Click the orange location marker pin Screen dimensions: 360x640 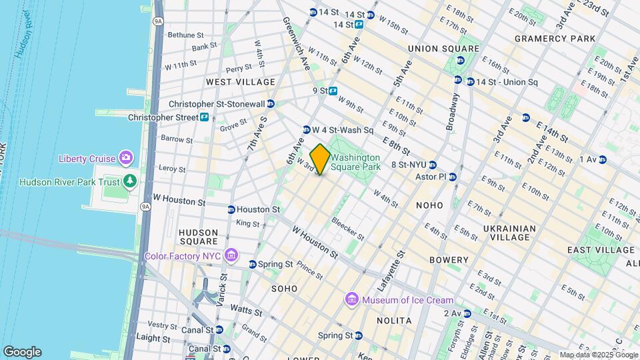(320, 159)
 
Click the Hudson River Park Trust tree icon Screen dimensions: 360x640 (131, 182)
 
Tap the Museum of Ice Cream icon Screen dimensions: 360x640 (351, 300)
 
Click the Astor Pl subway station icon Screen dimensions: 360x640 (453, 177)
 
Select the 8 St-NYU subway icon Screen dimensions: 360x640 (432, 165)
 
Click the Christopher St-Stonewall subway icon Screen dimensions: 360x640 (271, 104)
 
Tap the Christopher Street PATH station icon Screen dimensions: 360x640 (204, 117)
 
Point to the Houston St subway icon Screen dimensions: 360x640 (231, 209)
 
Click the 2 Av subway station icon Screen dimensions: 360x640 (467, 313)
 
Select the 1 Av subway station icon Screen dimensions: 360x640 (602, 159)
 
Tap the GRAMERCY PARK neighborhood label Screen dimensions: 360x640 (555, 39)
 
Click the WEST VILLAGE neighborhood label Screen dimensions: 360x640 (240, 82)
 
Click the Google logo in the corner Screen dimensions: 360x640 (22, 351)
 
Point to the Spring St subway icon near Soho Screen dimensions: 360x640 (252, 264)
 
